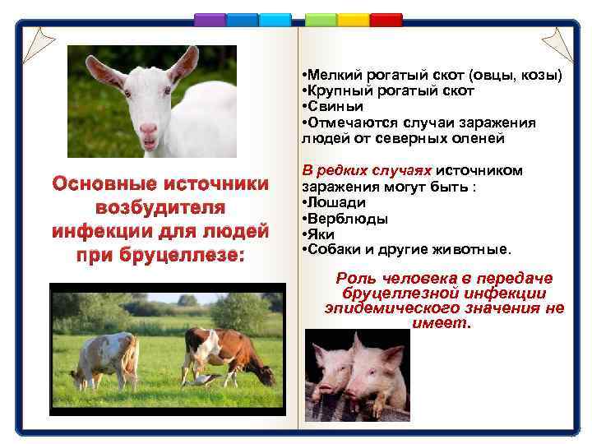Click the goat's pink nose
pos(148,129)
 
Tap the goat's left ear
pos(103,72)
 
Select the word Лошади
pos(336,202)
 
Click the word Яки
pos(321,234)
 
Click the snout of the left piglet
pos(324,385)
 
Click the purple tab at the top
pos(210,19)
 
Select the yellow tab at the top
pos(353,19)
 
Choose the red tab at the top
pos(386,19)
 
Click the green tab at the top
pos(321,19)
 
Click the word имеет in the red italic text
pos(442,323)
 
